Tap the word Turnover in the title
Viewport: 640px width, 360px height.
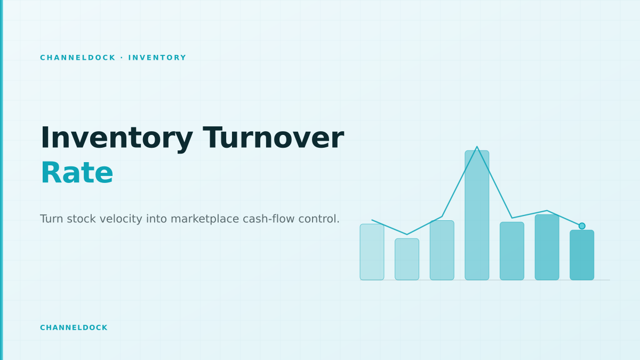tap(273, 138)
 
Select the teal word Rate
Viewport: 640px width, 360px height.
tap(77, 173)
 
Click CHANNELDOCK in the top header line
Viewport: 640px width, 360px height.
tap(78, 58)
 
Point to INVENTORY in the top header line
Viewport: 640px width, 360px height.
tap(157, 58)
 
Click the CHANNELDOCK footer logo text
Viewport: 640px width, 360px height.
tap(74, 327)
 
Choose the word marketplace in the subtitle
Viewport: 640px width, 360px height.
tap(205, 219)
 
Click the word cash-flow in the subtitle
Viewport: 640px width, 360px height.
tap(269, 219)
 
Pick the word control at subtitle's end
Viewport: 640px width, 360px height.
tap(319, 219)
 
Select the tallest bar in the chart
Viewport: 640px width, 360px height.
tap(477, 215)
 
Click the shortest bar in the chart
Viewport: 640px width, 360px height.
tap(407, 259)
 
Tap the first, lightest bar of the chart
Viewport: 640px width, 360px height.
tap(372, 252)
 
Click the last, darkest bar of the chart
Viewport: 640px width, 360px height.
tap(582, 255)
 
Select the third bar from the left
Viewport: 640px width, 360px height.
tap(442, 250)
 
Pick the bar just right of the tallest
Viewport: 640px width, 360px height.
tap(512, 251)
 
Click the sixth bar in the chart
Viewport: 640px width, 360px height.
tap(547, 247)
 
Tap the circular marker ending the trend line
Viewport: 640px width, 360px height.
tap(582, 226)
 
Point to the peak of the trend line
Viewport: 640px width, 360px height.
tap(477, 147)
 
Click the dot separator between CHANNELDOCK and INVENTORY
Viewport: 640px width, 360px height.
tap(122, 58)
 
